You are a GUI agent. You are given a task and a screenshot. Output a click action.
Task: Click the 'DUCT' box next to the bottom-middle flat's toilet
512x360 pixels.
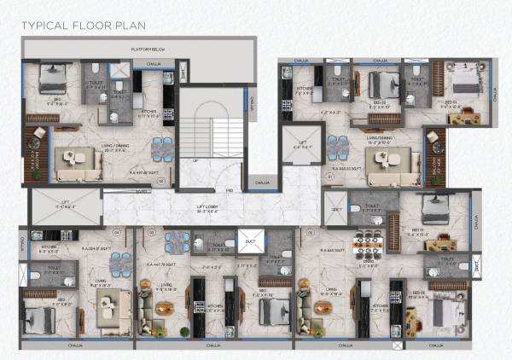tap(250, 242)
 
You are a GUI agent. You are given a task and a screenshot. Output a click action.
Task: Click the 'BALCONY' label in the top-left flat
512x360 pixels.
tap(35, 156)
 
